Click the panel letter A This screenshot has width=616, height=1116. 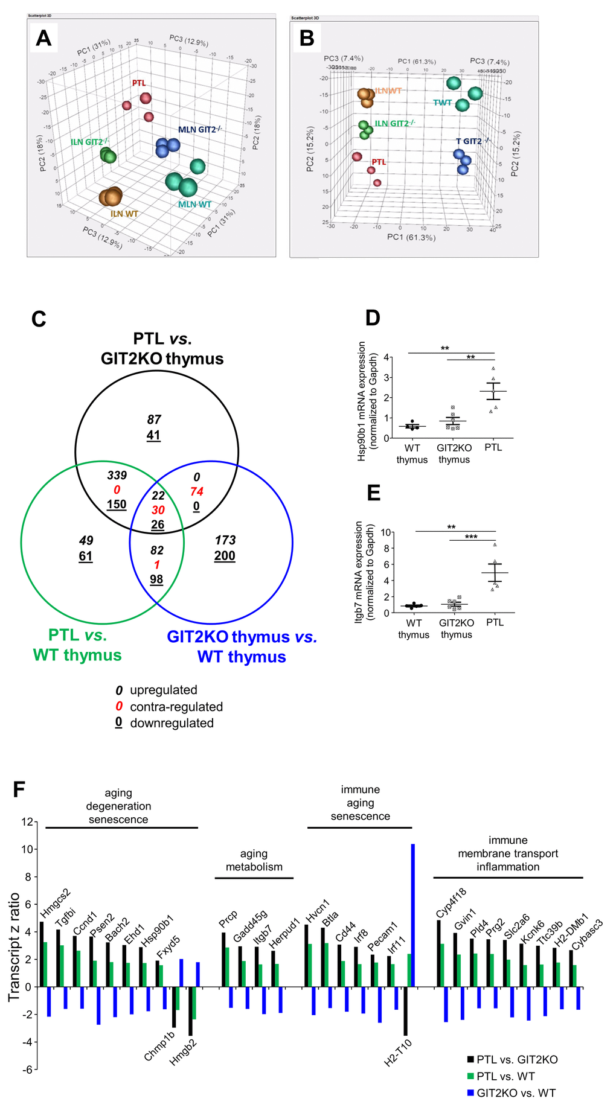click(43, 38)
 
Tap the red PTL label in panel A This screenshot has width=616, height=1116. click(139, 83)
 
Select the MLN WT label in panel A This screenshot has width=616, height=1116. click(194, 205)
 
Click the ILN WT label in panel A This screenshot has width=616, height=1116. click(124, 214)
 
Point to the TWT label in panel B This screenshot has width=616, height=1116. click(442, 103)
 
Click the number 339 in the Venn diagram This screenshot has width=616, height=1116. click(117, 476)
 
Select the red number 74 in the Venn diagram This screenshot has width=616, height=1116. click(196, 491)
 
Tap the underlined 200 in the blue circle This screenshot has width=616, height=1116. click(225, 556)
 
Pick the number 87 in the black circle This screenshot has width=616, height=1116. click(154, 419)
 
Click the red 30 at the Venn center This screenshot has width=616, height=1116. click(158, 510)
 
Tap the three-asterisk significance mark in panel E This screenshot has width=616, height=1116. click(471, 537)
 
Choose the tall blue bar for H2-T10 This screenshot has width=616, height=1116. click(413, 915)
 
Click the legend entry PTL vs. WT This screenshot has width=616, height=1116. click(505, 1076)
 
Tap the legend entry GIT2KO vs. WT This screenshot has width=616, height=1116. click(516, 1092)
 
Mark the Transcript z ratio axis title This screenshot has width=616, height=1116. click(14, 947)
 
